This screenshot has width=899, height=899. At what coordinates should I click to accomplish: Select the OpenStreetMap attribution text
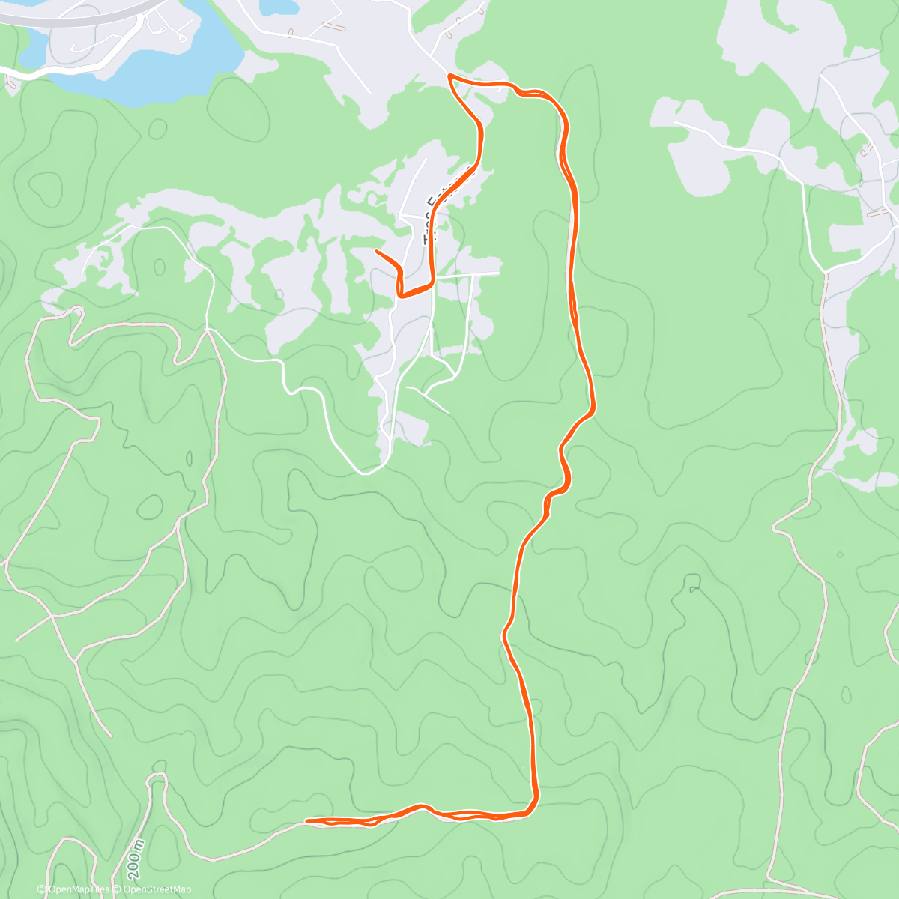[x=157, y=889]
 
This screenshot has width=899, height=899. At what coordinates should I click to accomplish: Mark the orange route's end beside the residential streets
[x=376, y=251]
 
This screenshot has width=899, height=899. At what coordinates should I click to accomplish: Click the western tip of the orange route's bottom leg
[x=307, y=822]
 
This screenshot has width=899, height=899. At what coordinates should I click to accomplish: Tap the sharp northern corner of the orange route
[x=449, y=76]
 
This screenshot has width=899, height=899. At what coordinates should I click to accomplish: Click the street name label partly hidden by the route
[x=434, y=217]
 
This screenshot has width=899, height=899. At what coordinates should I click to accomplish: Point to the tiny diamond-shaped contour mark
[x=839, y=554]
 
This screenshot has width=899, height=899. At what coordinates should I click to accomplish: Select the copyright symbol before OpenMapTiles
[x=42, y=889]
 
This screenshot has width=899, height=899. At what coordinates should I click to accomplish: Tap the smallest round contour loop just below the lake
[x=157, y=130]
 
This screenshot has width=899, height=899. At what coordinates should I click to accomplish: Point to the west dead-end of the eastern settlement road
[x=675, y=122]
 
